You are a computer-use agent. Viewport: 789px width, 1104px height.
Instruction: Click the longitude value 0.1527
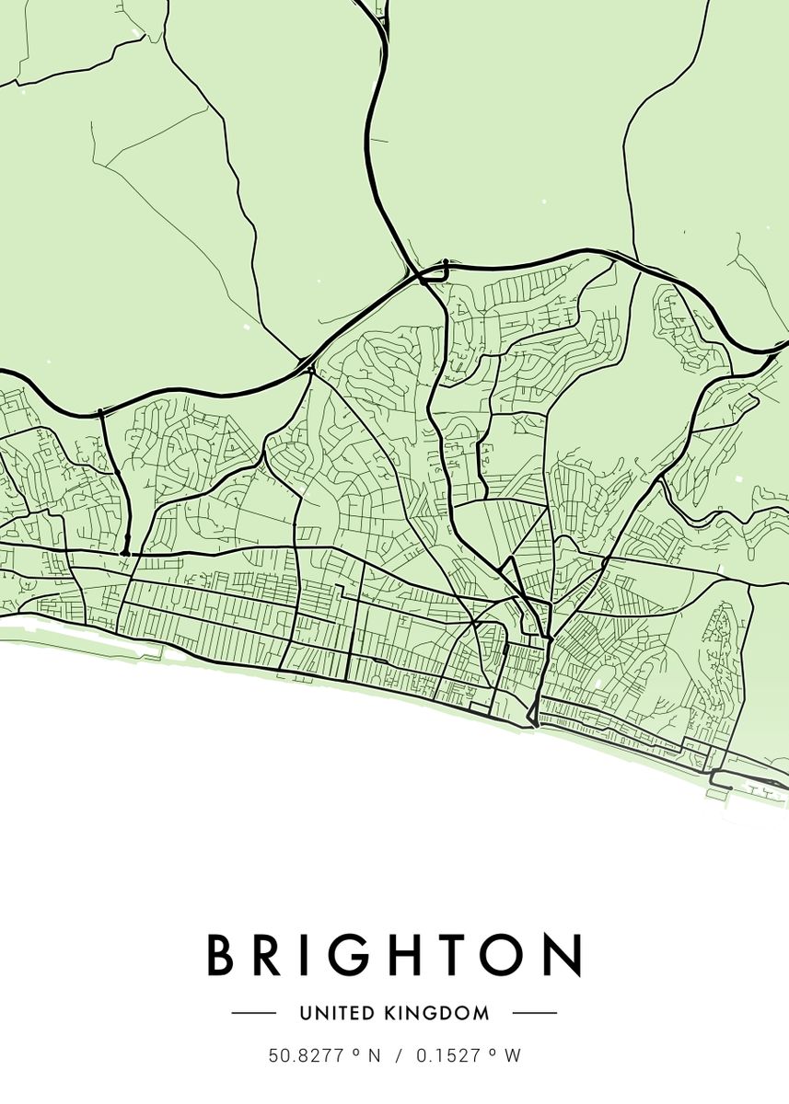[x=448, y=1056]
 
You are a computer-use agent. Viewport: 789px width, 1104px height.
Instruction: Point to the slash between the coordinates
[x=399, y=1056]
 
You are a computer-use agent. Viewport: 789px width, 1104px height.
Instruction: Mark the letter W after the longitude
[x=513, y=1056]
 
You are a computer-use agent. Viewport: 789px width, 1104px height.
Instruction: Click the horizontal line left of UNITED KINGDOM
[x=254, y=1013]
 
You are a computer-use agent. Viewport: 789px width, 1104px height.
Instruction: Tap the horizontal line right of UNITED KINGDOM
[x=535, y=1013]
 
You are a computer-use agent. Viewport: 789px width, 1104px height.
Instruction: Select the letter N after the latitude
[x=374, y=1056]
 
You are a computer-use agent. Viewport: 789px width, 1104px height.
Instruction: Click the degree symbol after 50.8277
[x=354, y=1052]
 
